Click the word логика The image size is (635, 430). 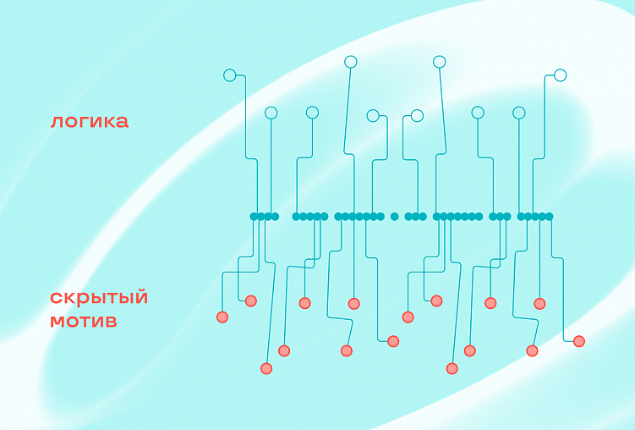[89, 121]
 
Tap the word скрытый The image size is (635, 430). [99, 298]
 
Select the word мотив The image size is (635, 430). [83, 322]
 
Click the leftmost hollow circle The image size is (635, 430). [229, 75]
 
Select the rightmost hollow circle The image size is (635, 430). [560, 75]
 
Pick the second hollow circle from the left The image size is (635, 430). [271, 113]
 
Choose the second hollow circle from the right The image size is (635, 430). [519, 113]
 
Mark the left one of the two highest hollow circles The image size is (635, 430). [351, 62]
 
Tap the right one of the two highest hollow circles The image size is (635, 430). [439, 62]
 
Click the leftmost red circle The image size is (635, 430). [222, 317]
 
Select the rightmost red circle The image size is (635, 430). [579, 341]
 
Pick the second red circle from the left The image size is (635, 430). [250, 300]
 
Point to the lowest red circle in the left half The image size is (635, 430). [266, 368]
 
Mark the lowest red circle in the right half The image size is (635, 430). [452, 368]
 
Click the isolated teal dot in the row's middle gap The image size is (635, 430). [394, 217]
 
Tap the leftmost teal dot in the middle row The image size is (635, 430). [254, 217]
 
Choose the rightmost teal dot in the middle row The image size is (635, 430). [549, 217]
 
